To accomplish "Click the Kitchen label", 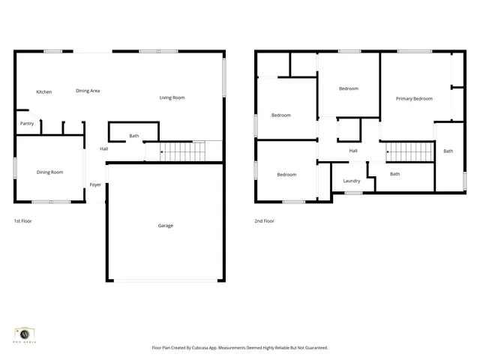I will (x=44, y=92).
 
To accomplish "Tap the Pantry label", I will (x=26, y=124).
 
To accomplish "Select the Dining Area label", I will (x=88, y=91).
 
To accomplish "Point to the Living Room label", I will (x=172, y=97).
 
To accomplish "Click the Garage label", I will (x=165, y=226).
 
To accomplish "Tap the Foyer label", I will (x=95, y=184).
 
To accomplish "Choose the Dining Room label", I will (x=49, y=172).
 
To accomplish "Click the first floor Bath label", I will (x=133, y=136).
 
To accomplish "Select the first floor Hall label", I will (x=104, y=148).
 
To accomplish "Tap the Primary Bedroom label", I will (x=414, y=99).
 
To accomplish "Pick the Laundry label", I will (x=351, y=181).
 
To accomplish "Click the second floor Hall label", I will (x=352, y=151).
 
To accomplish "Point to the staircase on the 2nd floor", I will (x=409, y=152).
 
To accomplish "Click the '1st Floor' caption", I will (x=22, y=221).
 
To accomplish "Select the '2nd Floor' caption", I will (x=264, y=221).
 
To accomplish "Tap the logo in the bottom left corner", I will (x=25, y=334).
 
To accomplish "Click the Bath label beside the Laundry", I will (x=394, y=174).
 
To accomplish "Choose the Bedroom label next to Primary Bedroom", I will (x=348, y=88).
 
